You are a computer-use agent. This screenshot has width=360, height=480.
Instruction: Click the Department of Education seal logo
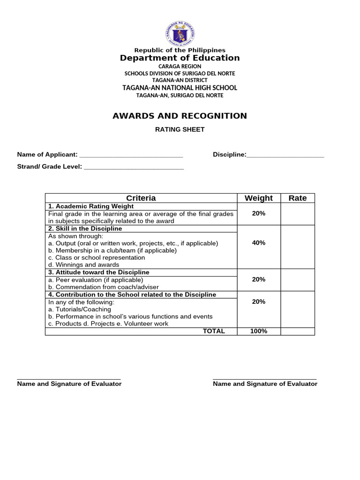click(180, 33)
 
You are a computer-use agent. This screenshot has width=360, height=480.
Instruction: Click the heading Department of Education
click(180, 58)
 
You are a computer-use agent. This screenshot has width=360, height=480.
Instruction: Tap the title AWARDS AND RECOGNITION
click(180, 116)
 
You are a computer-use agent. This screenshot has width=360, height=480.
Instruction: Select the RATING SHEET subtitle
click(180, 129)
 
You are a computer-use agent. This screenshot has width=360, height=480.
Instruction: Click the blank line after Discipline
click(285, 155)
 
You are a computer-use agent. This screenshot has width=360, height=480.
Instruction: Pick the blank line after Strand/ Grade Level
click(134, 167)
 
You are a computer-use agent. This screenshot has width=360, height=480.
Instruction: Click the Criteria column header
click(141, 198)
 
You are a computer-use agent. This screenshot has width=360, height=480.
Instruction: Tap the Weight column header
click(259, 198)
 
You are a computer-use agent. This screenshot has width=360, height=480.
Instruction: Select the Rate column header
click(298, 198)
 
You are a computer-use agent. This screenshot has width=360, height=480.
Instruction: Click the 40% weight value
click(259, 243)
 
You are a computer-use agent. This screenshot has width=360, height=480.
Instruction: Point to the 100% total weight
click(259, 331)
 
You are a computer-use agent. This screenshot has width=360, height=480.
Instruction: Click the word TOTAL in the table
click(214, 331)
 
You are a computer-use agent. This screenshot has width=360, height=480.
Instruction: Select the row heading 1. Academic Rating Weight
click(91, 206)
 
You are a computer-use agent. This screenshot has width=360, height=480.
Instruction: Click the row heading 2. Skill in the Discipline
click(85, 229)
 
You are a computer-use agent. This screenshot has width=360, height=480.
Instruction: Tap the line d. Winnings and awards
click(84, 265)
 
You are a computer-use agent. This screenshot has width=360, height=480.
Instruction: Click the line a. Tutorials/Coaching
click(80, 309)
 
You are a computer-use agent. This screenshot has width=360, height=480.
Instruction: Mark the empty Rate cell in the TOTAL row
click(298, 331)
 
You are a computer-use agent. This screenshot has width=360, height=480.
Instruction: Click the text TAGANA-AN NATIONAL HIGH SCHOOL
click(180, 88)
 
